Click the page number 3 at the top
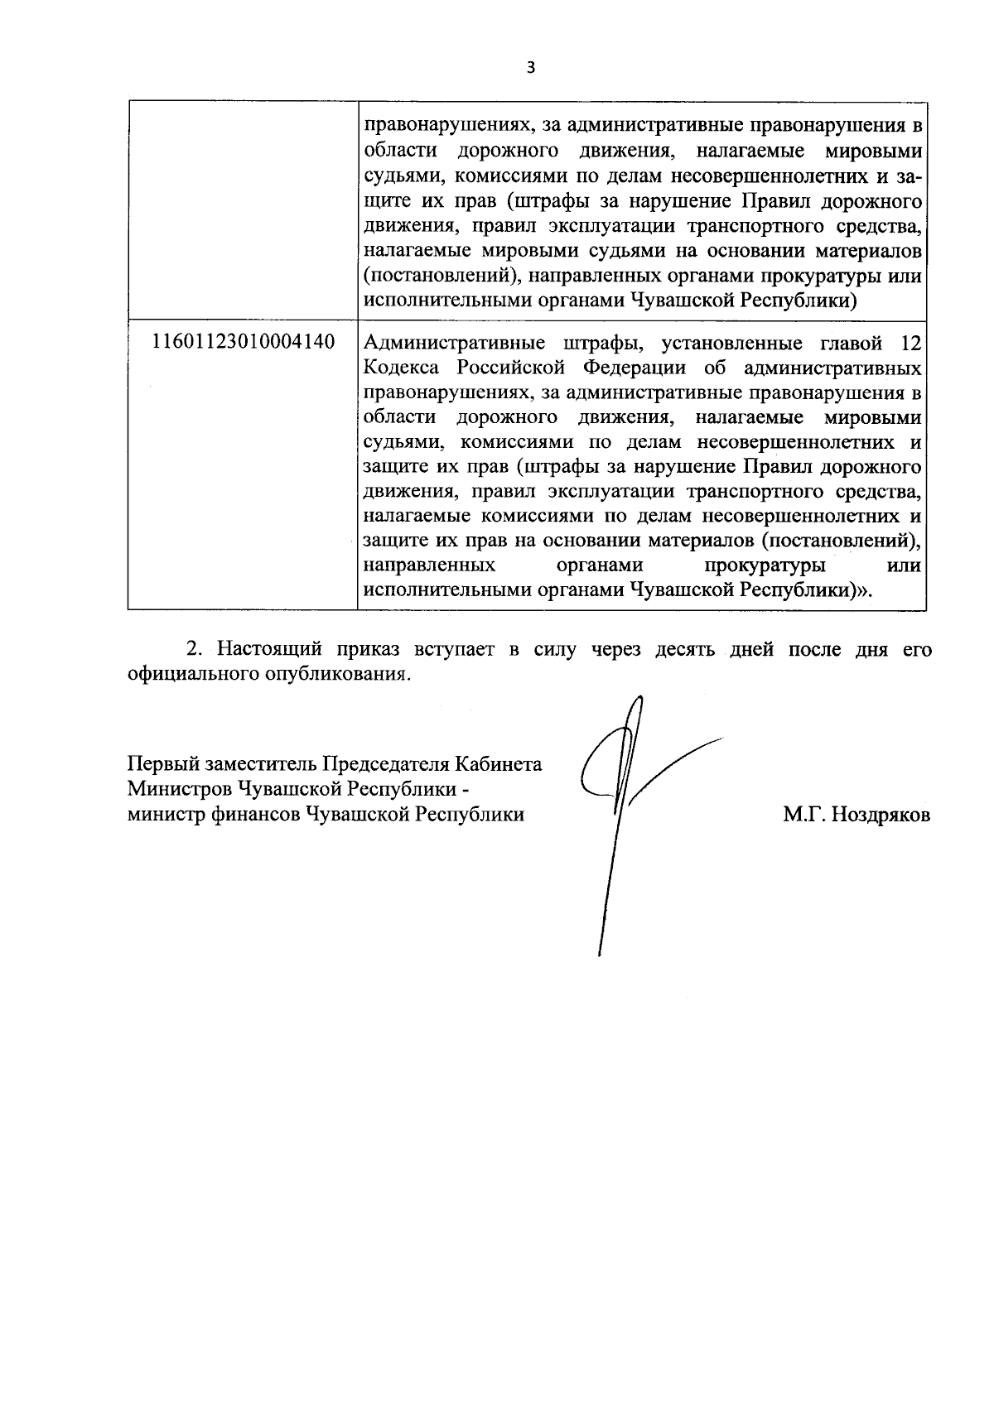click(x=531, y=68)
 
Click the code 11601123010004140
click(x=244, y=341)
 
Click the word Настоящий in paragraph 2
click(x=267, y=650)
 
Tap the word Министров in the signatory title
click(x=179, y=788)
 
